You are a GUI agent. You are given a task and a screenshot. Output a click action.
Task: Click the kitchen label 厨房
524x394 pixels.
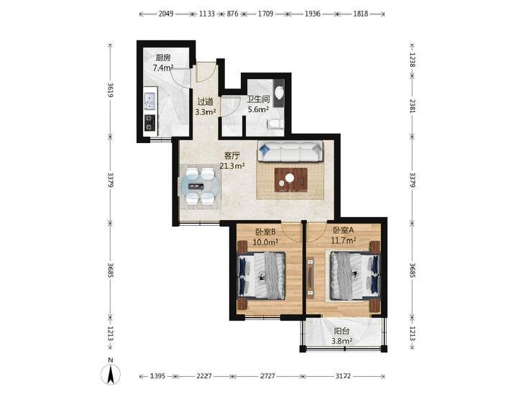pyautogui.click(x=163, y=58)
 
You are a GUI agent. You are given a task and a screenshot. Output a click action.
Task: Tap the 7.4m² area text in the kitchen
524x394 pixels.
pyautogui.click(x=163, y=68)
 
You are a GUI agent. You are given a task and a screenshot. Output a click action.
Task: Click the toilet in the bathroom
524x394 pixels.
pyautogui.click(x=275, y=124)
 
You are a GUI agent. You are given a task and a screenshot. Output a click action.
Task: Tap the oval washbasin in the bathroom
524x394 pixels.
pyautogui.click(x=280, y=93)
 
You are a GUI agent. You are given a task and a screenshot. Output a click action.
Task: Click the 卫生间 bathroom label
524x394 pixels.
pyautogui.click(x=258, y=99)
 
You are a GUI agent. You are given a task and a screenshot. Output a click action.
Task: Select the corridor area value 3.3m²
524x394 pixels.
pyautogui.click(x=206, y=111)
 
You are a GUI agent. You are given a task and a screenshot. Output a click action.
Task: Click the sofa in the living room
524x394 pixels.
pyautogui.click(x=290, y=152)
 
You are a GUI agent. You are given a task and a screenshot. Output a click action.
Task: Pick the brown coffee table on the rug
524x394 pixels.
pyautogui.click(x=290, y=180)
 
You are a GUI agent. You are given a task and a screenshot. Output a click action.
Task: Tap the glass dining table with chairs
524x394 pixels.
pyautogui.click(x=201, y=185)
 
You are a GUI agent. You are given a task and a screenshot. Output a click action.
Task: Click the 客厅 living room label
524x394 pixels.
pyautogui.click(x=232, y=155)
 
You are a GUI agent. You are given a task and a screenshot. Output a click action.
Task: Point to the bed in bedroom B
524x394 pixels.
pyautogui.click(x=262, y=275)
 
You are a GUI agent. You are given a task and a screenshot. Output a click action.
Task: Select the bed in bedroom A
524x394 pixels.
pyautogui.click(x=355, y=275)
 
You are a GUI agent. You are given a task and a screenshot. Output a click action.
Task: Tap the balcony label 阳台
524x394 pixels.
pyautogui.click(x=342, y=331)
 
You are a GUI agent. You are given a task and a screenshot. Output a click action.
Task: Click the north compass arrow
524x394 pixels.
pyautogui.click(x=111, y=374)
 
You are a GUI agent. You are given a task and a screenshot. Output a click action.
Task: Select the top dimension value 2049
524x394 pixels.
pyautogui.click(x=166, y=14)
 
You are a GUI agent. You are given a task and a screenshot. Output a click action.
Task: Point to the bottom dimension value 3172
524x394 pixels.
pyautogui.click(x=343, y=376)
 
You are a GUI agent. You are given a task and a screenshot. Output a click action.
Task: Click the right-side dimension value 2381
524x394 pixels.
pyautogui.click(x=412, y=106)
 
